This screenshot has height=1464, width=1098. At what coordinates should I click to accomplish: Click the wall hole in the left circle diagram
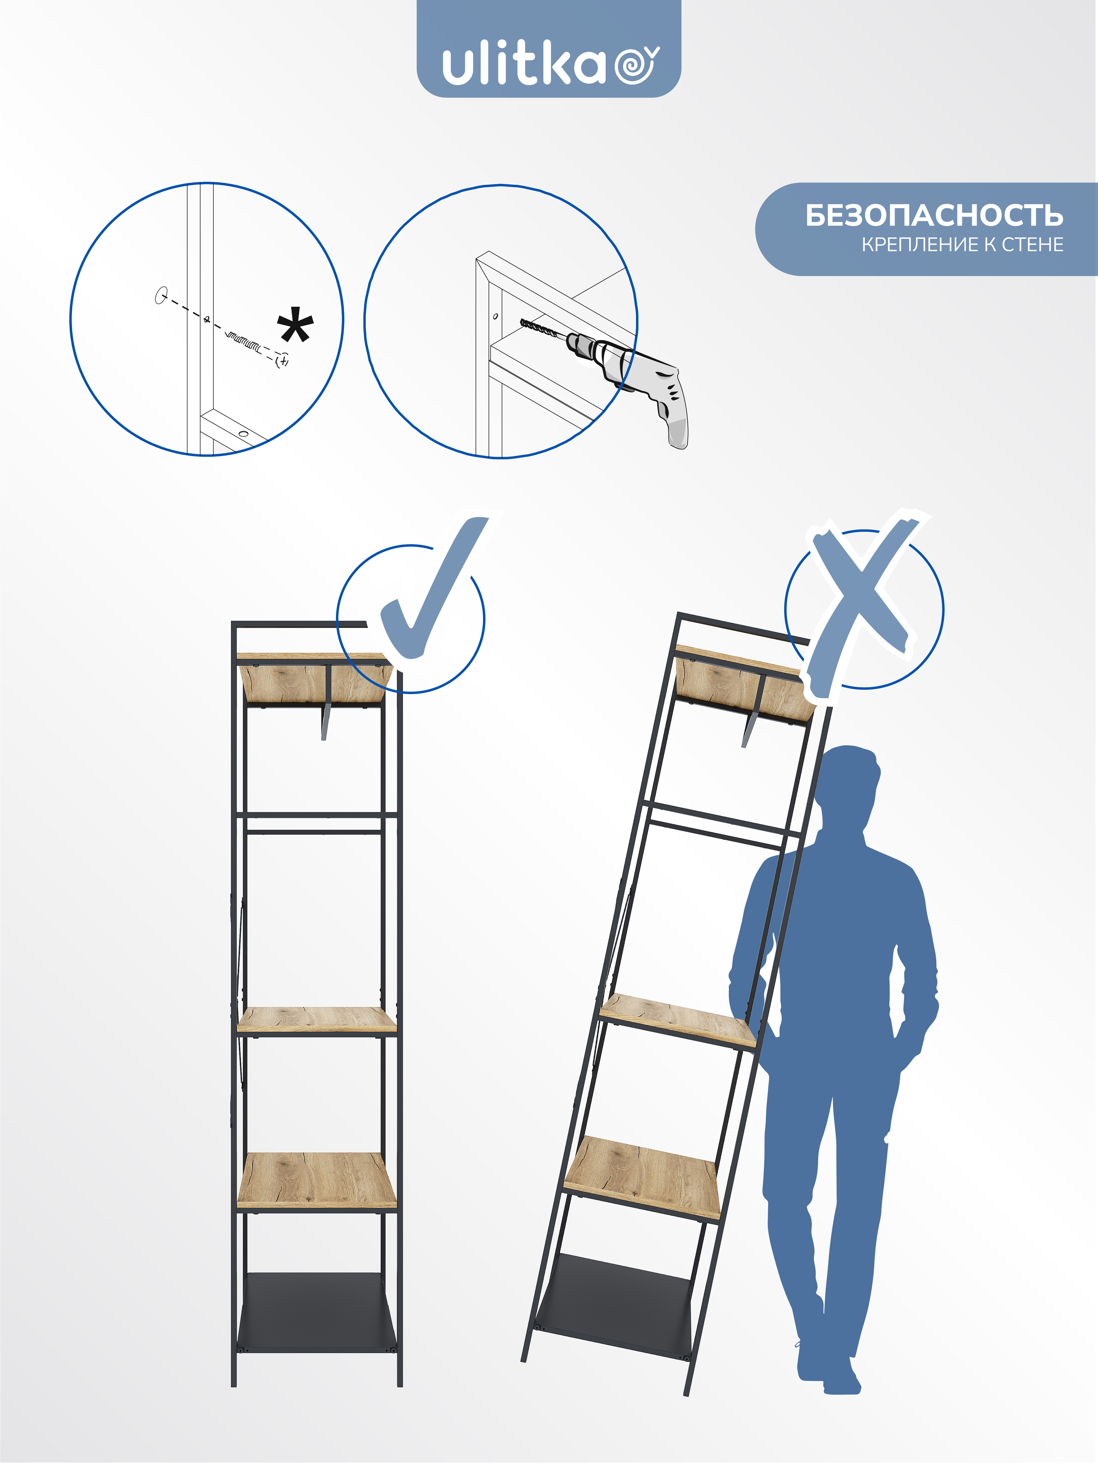(160, 295)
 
